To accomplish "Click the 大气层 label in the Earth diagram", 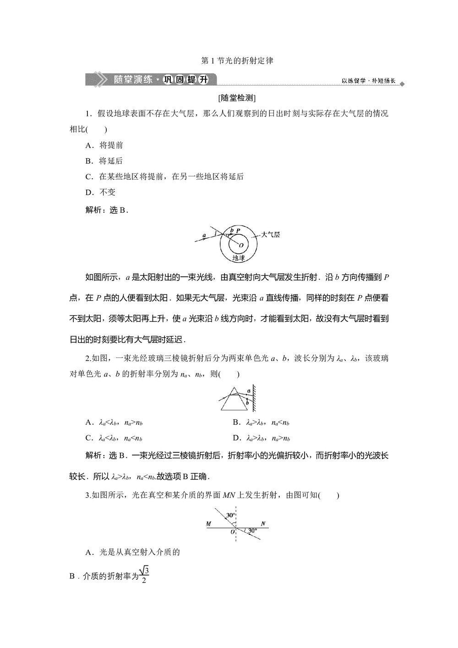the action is coord(270,235).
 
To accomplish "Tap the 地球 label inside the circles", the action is coord(238,258).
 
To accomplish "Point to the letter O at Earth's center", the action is coord(241,246).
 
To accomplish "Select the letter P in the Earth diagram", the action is coord(238,231).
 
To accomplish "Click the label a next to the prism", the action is coord(249,391).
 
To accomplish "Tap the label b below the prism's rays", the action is coord(248,401).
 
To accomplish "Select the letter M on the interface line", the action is coord(209,524).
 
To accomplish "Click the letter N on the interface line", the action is coord(263,524).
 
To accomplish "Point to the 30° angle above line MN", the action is coord(230,516).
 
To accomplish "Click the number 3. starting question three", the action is coord(88,495).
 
